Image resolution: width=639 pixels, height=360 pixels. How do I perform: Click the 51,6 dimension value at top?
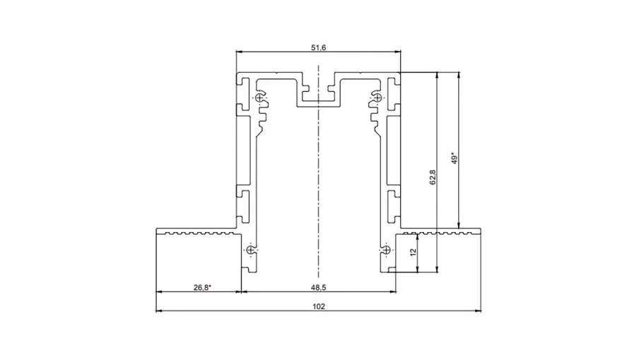tap(318, 47)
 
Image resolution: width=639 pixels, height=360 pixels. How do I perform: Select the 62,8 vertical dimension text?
tap(433, 178)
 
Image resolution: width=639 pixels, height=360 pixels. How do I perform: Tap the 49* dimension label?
tap(455, 158)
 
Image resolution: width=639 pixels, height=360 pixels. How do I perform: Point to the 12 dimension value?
tap(414, 252)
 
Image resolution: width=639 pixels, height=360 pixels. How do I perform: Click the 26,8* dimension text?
tap(202, 287)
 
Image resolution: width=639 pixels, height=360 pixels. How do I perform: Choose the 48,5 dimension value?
tap(318, 287)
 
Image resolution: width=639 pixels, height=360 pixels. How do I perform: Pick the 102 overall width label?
tap(319, 306)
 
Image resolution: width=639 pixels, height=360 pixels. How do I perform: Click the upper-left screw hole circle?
tap(259, 98)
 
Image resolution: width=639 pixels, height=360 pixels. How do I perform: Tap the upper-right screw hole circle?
tap(377, 98)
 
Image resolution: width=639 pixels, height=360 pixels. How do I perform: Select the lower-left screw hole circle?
tap(250, 250)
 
